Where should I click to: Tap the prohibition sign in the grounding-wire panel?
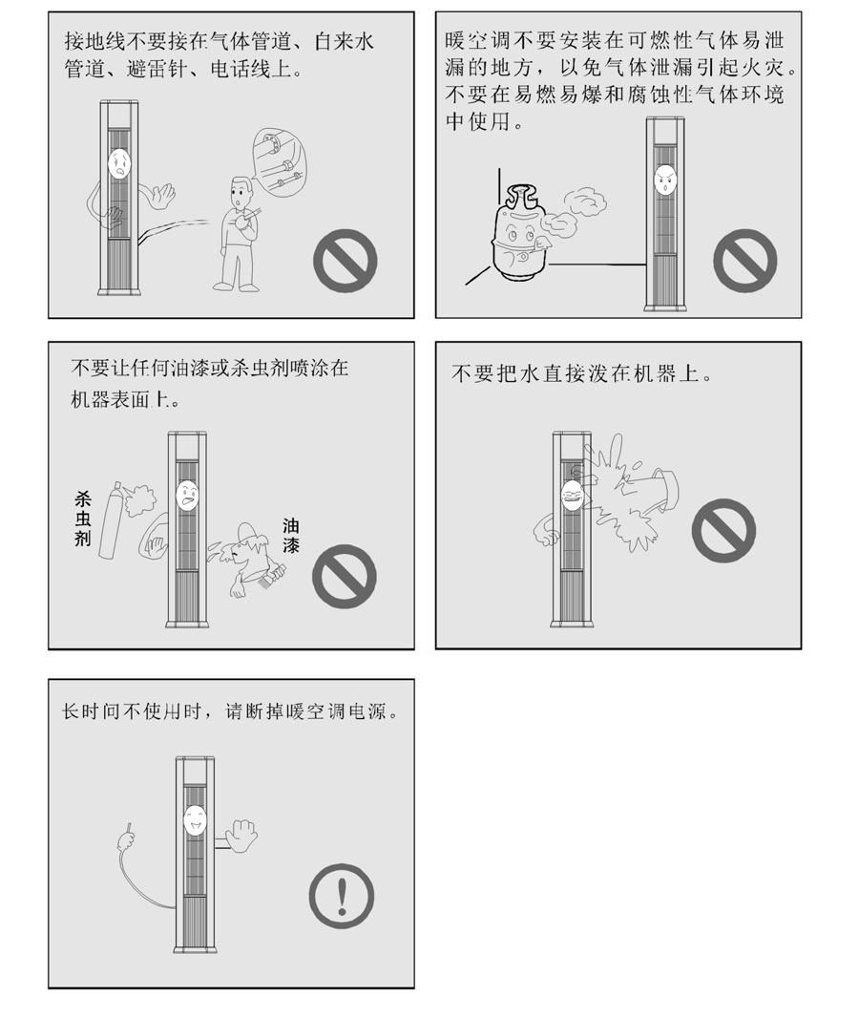(346, 260)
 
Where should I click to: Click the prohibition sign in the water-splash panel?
(723, 528)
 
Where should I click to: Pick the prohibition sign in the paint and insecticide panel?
(346, 577)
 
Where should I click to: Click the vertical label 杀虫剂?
(82, 520)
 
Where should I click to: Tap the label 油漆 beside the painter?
(290, 538)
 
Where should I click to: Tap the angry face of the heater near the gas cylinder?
(663, 180)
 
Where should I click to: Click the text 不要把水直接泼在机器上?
(581, 373)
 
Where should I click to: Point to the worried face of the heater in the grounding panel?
(118, 164)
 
